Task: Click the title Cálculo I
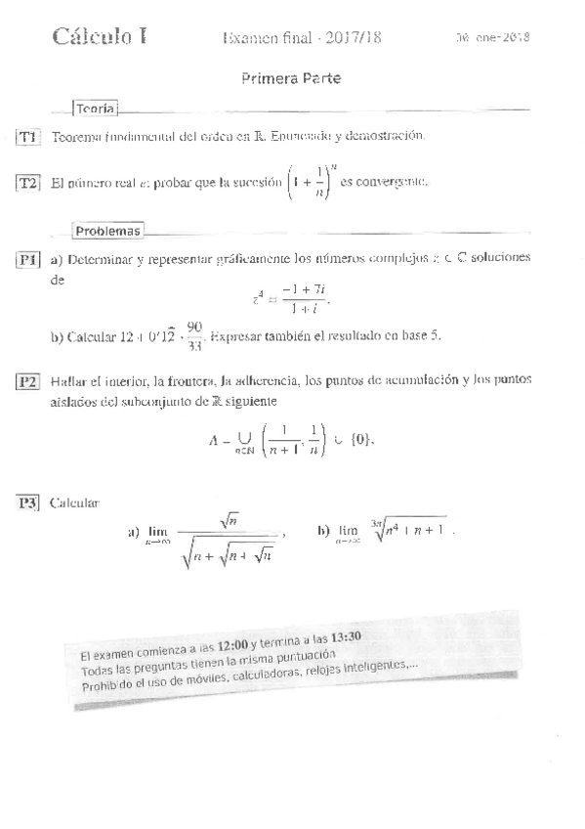[x=101, y=37]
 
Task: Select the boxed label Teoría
[x=96, y=109]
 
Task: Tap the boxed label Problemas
[x=107, y=232]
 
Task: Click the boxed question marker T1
[x=28, y=138]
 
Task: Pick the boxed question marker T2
[x=28, y=183]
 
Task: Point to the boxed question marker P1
[x=28, y=260]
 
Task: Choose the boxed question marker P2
[x=28, y=381]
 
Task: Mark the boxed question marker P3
[x=28, y=503]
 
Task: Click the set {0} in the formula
[x=357, y=441]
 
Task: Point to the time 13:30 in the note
[x=348, y=636]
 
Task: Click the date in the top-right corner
[x=492, y=38]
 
